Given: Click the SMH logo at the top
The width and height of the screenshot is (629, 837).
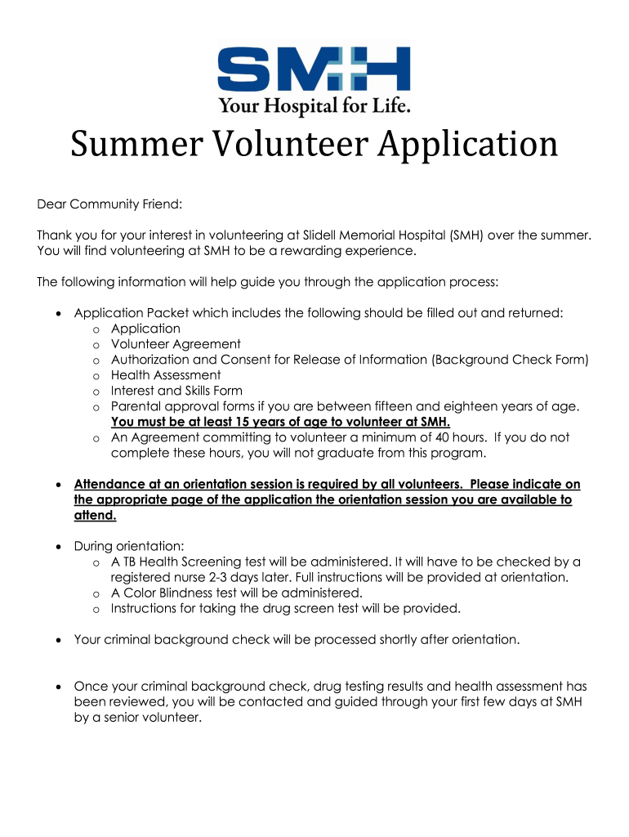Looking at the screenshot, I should tap(314, 69).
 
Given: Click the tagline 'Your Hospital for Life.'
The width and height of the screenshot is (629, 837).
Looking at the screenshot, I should tap(314, 105).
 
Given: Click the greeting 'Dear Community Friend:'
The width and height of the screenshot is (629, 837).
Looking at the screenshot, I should tap(109, 202).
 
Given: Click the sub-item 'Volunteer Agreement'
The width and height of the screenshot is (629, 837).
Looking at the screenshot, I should tap(176, 344).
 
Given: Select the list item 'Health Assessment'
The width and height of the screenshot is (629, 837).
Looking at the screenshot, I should tap(166, 375).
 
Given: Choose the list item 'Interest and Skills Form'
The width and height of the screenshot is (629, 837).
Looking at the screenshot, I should tap(176, 391).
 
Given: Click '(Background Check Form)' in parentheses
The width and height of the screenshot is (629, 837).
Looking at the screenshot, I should tap(511, 360).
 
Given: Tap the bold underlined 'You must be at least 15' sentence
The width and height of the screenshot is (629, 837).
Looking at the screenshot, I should tap(280, 422).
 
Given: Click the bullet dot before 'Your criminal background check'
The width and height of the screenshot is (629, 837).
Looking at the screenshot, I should tap(56, 640).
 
